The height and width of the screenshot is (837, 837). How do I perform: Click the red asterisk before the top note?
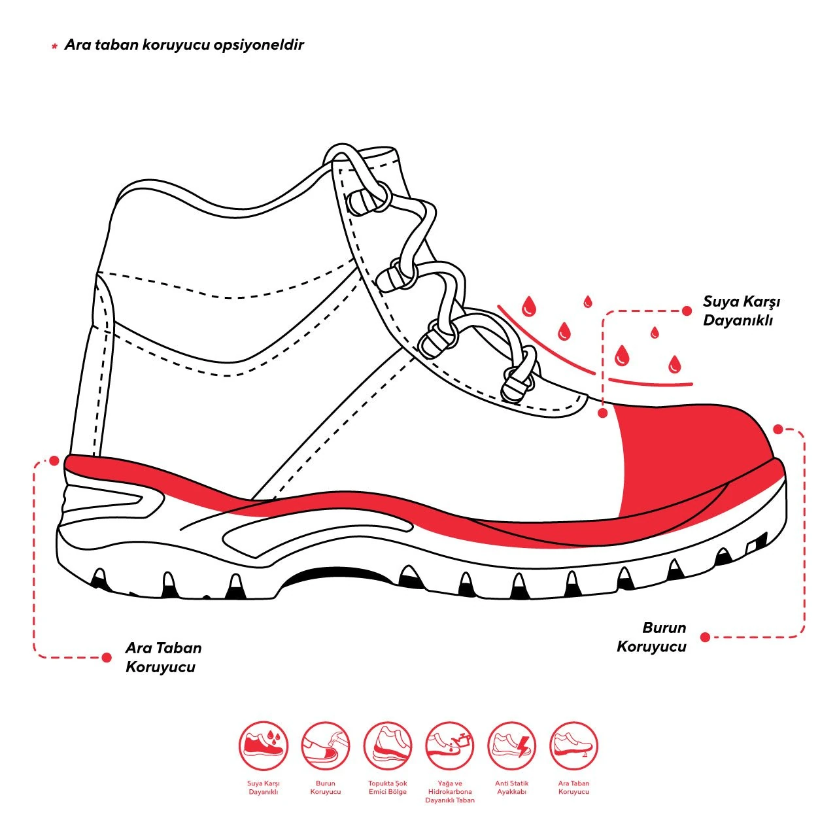click(54, 46)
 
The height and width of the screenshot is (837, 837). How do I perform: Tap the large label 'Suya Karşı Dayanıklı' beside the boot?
click(741, 311)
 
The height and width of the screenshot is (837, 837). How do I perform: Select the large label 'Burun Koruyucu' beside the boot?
click(651, 637)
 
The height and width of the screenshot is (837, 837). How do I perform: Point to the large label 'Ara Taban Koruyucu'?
click(163, 658)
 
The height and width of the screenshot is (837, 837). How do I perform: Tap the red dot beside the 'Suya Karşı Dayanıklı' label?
click(687, 311)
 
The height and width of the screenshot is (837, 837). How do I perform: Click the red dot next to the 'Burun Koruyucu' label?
click(706, 637)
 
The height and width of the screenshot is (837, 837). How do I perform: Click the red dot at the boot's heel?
click(54, 461)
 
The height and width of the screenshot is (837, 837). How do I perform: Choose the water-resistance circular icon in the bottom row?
click(264, 746)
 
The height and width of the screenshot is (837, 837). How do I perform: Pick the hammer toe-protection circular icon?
click(326, 746)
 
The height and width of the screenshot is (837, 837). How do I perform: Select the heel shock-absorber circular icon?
click(388, 746)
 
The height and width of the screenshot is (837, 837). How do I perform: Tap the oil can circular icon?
click(449, 746)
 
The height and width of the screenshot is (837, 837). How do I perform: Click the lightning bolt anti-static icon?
click(511, 746)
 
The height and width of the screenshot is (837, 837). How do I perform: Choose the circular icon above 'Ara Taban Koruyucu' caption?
click(573, 746)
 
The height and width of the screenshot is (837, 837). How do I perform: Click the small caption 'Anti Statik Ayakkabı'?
click(511, 787)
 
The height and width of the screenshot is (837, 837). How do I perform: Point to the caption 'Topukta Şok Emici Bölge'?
click(388, 787)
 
